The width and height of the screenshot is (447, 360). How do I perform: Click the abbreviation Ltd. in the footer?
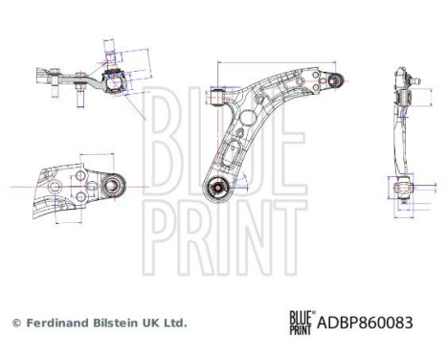tap(177, 324)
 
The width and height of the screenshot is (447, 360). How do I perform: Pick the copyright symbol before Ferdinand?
tap(15, 324)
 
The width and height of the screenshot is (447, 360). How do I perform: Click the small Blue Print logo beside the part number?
tap(300, 323)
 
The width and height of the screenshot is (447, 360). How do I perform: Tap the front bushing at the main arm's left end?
tap(219, 96)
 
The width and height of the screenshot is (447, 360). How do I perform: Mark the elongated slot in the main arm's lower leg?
tap(233, 149)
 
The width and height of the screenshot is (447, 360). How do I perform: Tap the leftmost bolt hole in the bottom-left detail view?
tap(54, 181)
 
